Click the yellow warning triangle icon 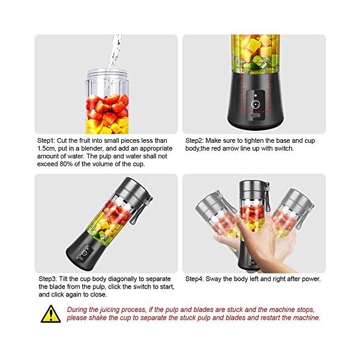[x=50, y=313]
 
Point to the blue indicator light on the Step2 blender [x=254, y=95]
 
